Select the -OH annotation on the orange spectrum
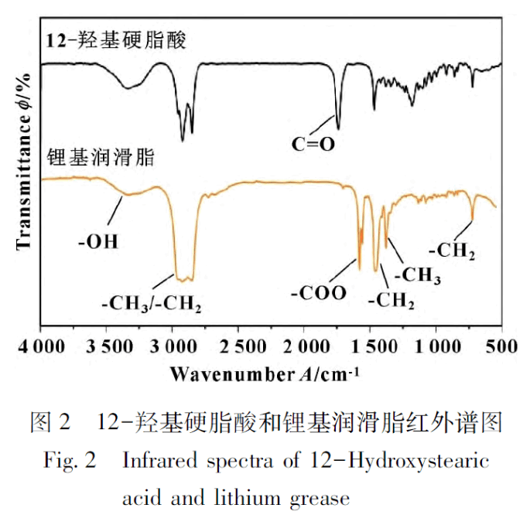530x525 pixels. point(98,241)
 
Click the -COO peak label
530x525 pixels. point(320,293)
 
